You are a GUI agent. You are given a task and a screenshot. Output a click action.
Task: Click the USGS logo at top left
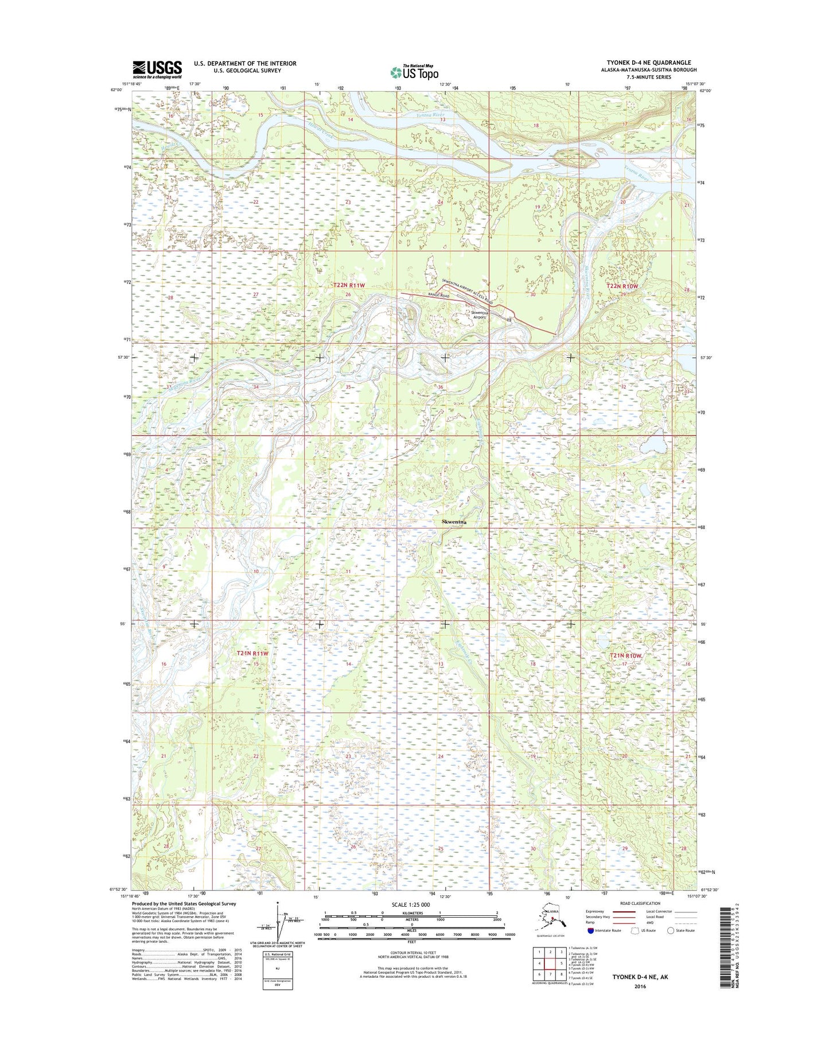click(157, 69)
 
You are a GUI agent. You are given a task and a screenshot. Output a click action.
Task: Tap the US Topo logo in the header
click(414, 72)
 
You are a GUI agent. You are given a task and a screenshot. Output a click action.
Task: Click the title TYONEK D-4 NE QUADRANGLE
click(649, 63)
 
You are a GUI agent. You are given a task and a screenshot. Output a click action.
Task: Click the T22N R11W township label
click(349, 285)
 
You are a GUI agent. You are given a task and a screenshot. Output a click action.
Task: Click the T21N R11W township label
click(253, 653)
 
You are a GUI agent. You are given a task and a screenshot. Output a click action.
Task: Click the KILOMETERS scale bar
click(411, 914)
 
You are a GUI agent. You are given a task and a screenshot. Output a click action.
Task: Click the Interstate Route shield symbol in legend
click(590, 930)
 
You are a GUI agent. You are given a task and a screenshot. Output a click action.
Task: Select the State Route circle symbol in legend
click(670, 930)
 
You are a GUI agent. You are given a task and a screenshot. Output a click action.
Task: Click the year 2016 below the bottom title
click(640, 986)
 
